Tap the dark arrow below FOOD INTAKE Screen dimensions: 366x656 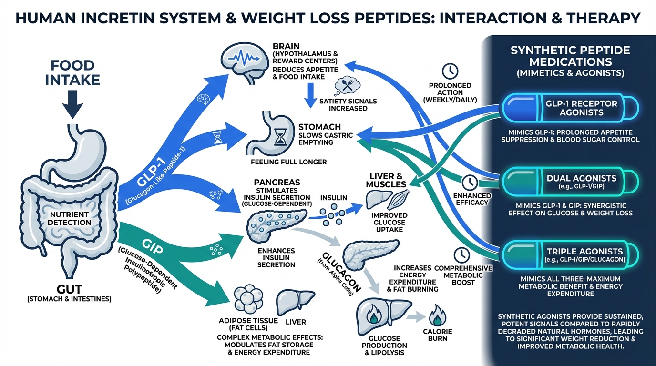pos(72,102)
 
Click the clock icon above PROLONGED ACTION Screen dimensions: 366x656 pos(450,71)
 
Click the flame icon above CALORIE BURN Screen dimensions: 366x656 pos(437,314)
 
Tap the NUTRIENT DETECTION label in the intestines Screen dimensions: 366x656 pos(72,218)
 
